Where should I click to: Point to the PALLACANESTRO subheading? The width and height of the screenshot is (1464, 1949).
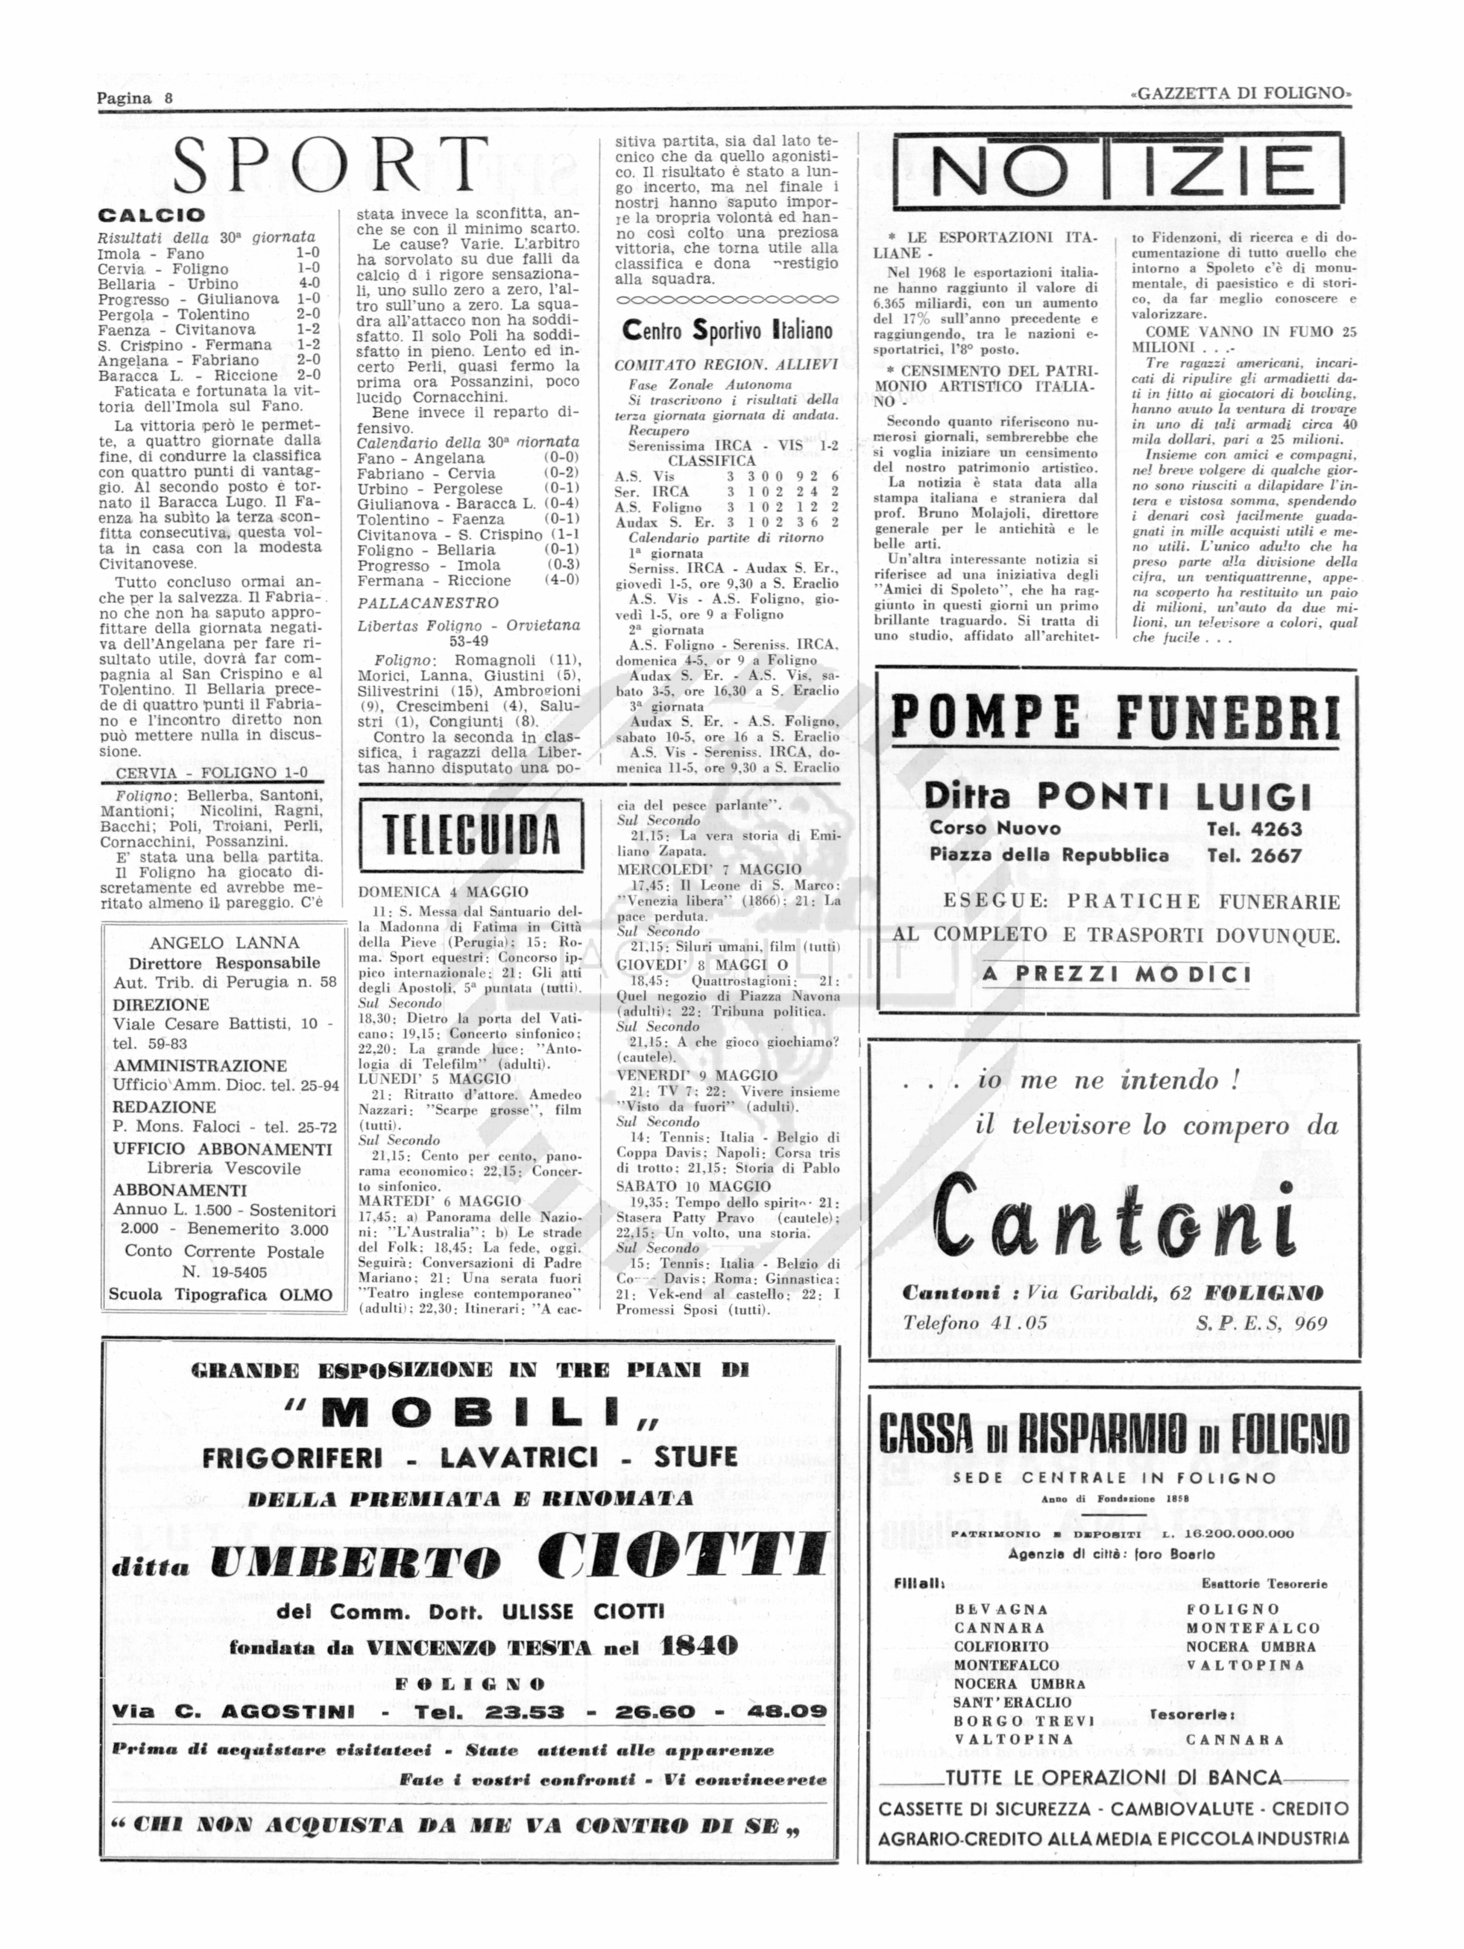427,603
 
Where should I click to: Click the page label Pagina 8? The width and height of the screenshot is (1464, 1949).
135,98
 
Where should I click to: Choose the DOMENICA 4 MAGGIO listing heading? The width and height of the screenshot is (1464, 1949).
443,891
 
